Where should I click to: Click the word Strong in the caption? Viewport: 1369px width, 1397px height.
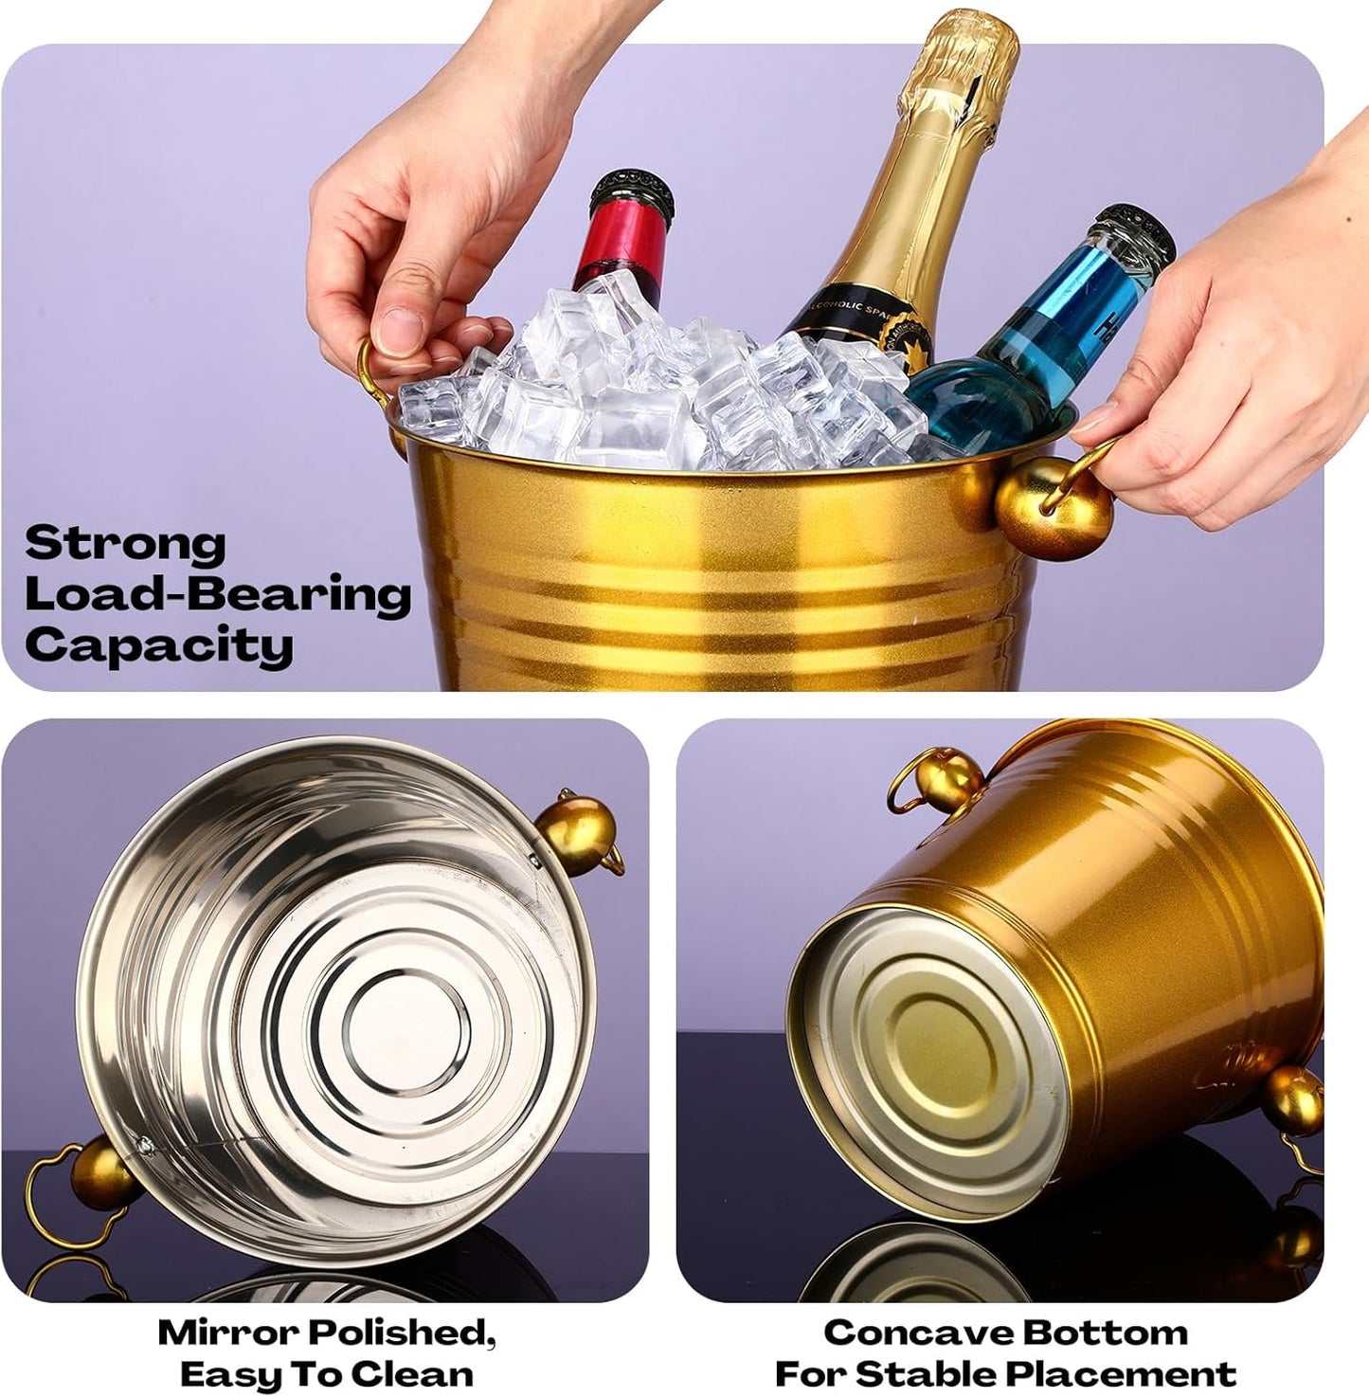coord(125,544)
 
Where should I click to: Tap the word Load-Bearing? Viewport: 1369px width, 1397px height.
coord(218,595)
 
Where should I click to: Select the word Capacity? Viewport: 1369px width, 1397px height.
coord(158,646)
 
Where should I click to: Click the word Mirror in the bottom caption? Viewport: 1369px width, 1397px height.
coord(227,1332)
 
